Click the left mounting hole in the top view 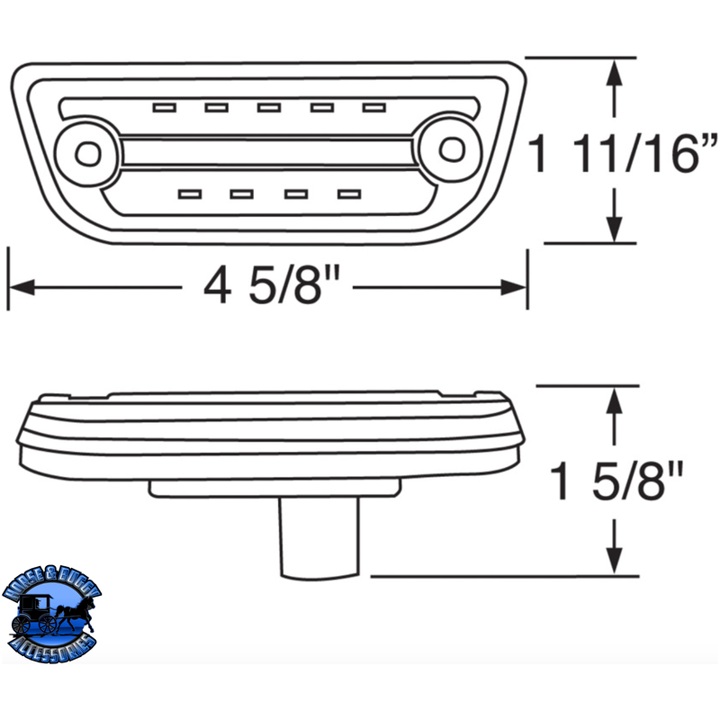click(x=87, y=153)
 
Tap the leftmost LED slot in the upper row click(x=163, y=108)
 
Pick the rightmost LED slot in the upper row click(x=374, y=108)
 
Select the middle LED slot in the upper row click(x=268, y=108)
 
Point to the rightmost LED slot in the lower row click(x=348, y=193)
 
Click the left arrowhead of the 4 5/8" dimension click(x=20, y=287)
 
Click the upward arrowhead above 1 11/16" click(x=615, y=72)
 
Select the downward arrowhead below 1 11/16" click(x=615, y=230)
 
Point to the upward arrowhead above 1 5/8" click(x=615, y=400)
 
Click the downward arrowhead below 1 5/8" click(x=615, y=562)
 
